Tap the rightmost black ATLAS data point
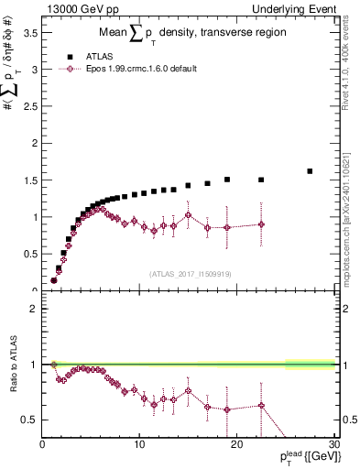pos(310,171)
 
